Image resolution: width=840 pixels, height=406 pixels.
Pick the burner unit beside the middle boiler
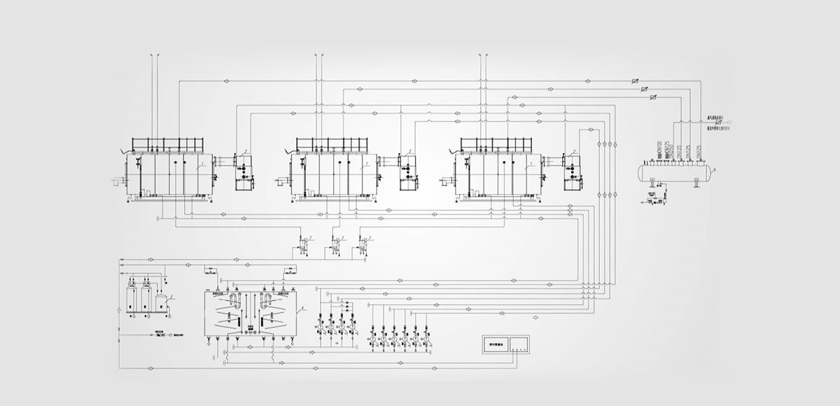coord(407,171)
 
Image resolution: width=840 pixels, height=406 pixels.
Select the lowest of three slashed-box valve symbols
coord(653,97)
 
